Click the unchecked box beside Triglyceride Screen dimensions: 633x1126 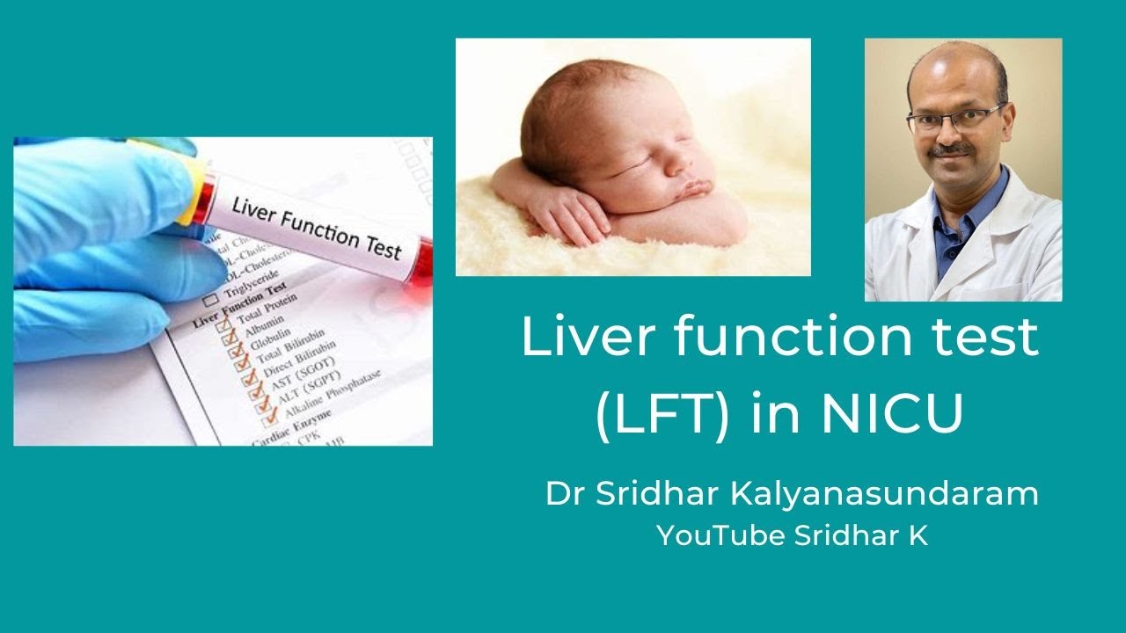[x=211, y=300]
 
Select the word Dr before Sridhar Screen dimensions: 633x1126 [x=561, y=493]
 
